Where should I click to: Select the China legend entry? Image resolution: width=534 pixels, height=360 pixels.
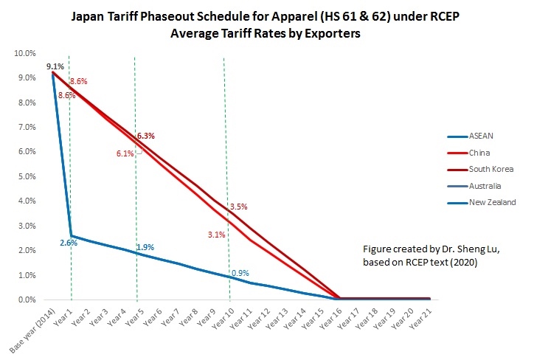479,153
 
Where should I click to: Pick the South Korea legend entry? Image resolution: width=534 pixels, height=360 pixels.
490,169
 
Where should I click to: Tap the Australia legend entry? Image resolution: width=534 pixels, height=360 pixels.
485,185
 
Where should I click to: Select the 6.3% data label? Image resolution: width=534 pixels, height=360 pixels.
145,136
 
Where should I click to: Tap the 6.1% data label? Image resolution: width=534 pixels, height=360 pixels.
125,153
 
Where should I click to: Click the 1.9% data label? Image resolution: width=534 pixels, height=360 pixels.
145,247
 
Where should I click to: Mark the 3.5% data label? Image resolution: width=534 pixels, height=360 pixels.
238,207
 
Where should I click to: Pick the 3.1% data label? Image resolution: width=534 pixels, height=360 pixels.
216,235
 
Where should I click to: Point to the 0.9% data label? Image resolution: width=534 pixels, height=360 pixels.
240,273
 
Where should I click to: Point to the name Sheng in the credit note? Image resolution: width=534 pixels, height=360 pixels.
450,249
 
